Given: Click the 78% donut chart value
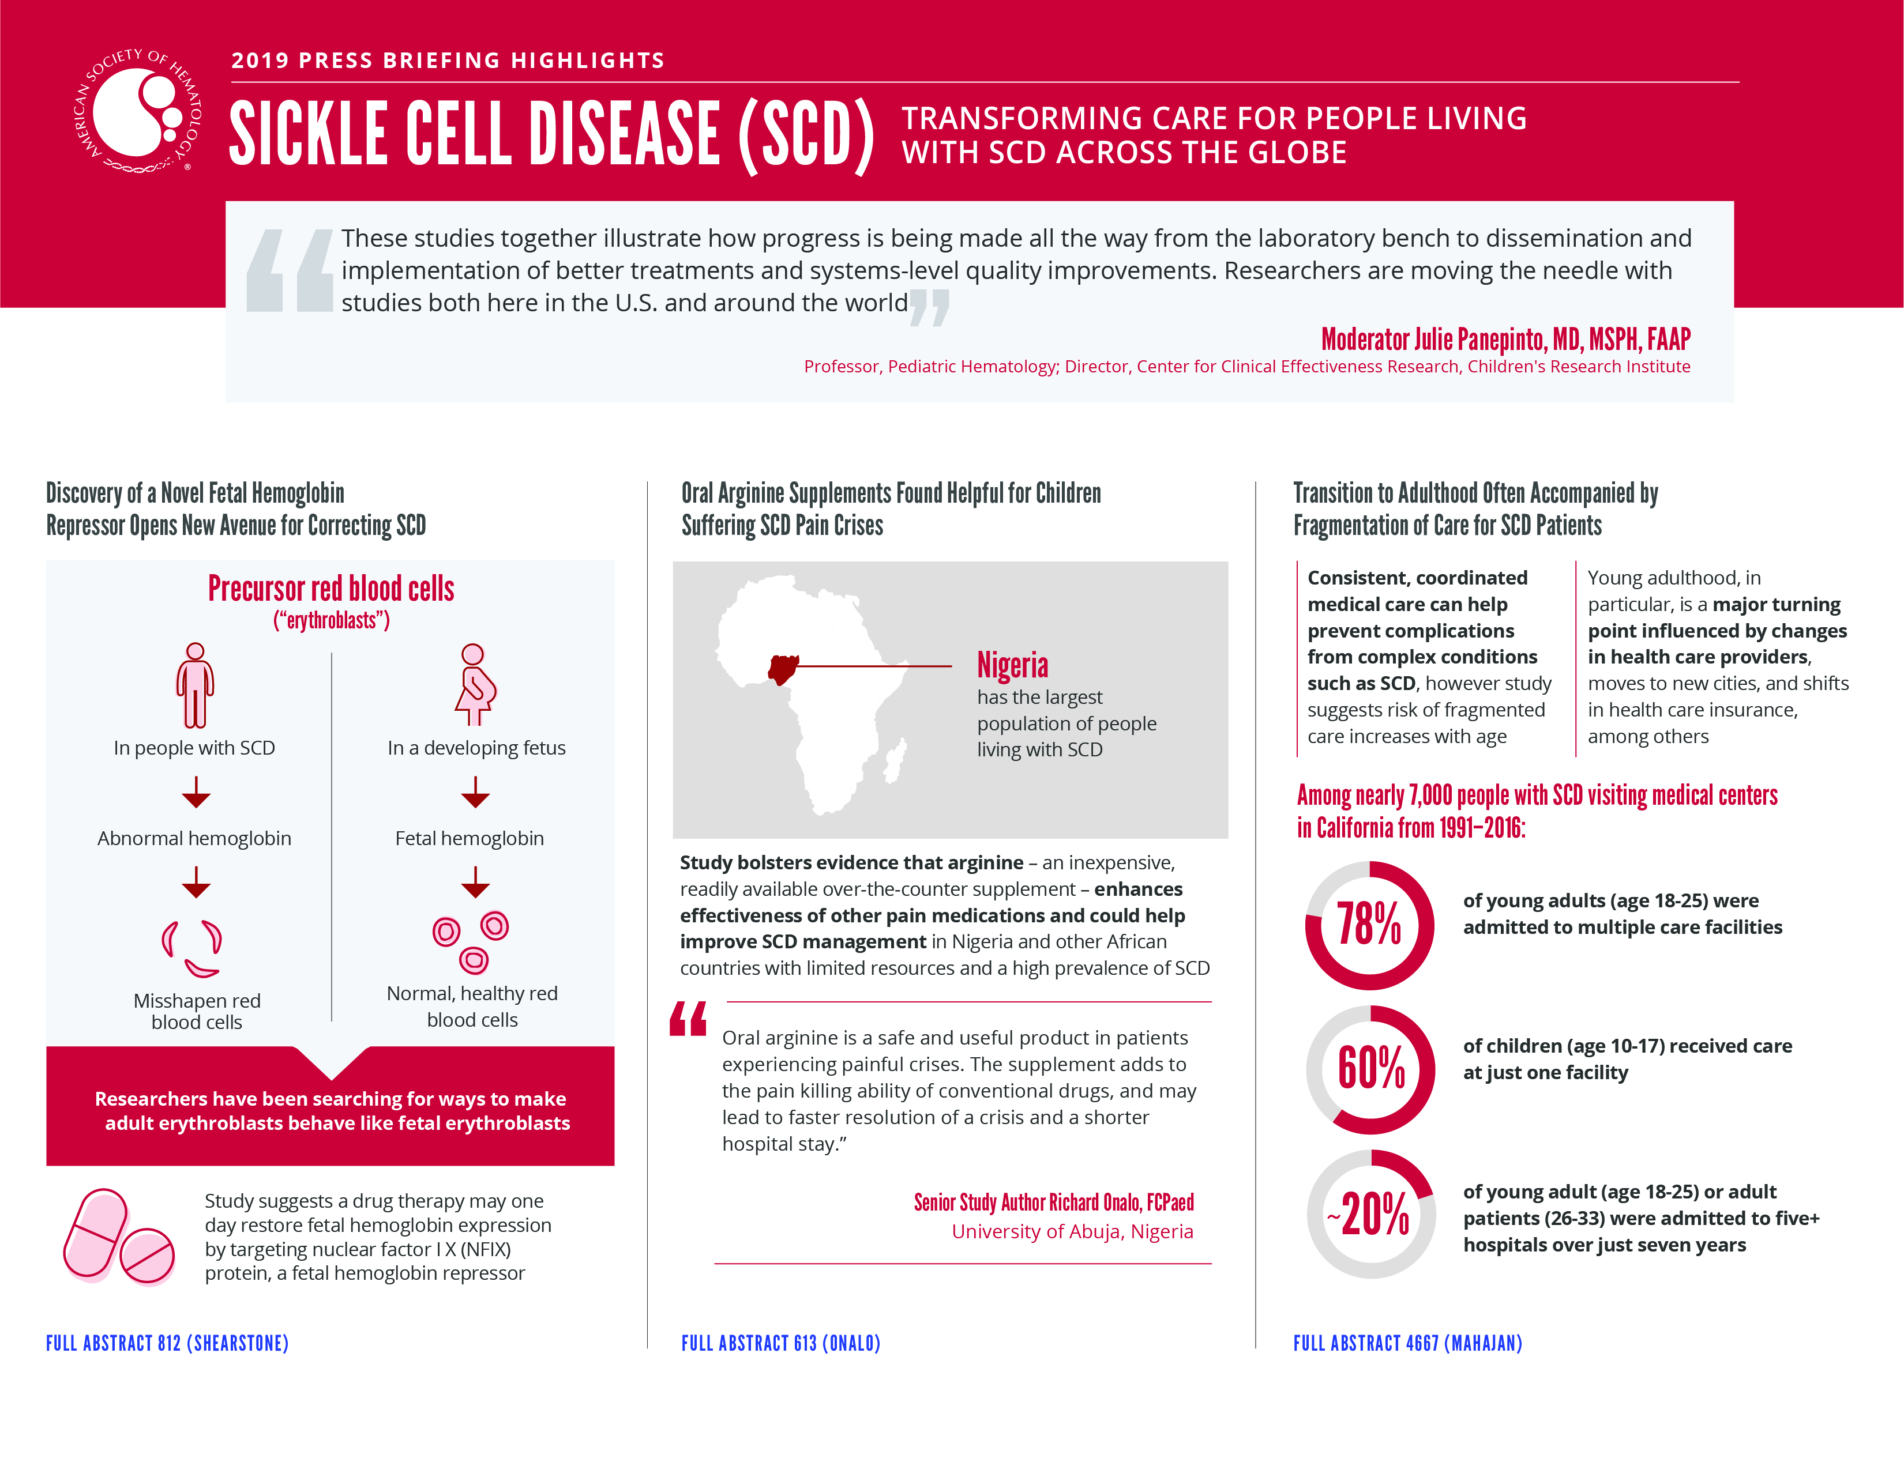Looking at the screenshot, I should [1369, 925].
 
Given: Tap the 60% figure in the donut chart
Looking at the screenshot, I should [1370, 1069].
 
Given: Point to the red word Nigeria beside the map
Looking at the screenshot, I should [1012, 666].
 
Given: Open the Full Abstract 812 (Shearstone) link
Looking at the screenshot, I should [167, 1343].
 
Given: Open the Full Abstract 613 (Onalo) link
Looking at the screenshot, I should [780, 1343].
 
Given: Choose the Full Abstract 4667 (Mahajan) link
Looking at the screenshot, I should [1407, 1343].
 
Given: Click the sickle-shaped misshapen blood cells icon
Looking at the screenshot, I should [193, 948].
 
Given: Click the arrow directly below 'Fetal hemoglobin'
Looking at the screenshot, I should [475, 882].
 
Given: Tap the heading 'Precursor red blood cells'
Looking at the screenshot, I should [331, 589].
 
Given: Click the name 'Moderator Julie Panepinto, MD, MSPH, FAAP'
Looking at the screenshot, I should [1505, 339].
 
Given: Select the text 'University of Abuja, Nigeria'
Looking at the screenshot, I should [1072, 1231].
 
